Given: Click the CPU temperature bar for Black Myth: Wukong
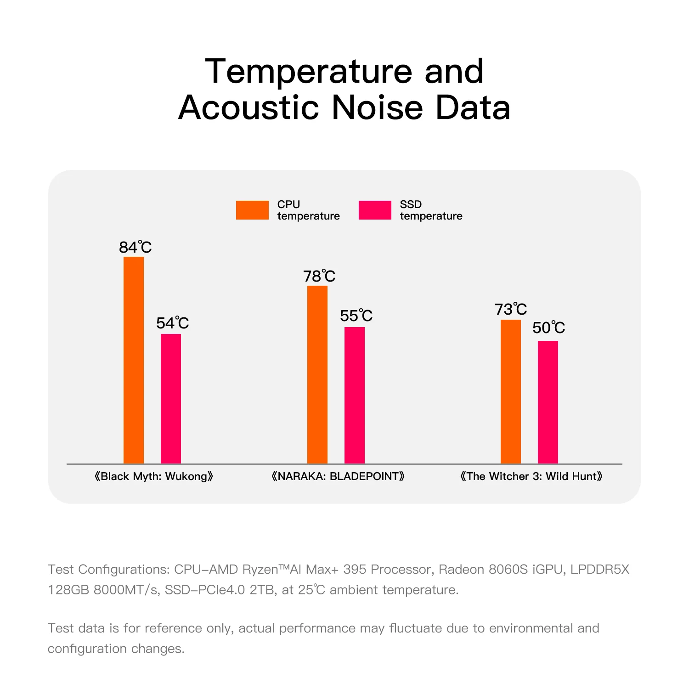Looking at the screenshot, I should coord(134,360).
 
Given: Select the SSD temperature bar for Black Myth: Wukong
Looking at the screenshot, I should coord(171,399).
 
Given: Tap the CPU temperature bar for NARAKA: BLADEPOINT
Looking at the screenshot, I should coord(317,374).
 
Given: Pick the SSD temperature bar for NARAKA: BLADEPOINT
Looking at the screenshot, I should coord(355,395).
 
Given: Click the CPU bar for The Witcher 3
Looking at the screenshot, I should coord(511,391).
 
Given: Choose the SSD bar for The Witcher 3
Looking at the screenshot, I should coord(548,402).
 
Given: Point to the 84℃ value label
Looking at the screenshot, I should coord(135,248).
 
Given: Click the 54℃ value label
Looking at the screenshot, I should coord(172,323).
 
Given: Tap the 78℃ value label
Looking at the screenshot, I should coord(319,277).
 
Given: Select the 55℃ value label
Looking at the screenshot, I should coord(356,316).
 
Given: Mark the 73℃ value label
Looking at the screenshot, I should coord(511,310).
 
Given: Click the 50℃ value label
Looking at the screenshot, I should coord(548,328).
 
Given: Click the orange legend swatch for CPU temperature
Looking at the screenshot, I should coord(252,210).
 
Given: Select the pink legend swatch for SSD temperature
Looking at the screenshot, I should coord(375,210).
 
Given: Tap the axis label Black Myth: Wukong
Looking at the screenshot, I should coord(154,476).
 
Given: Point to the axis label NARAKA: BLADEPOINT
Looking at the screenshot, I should coord(338,476).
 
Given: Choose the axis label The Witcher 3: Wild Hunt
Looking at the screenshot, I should coord(531,476).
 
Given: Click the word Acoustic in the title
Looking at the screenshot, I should coord(248,108).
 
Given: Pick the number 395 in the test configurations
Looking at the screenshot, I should coord(355,570).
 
